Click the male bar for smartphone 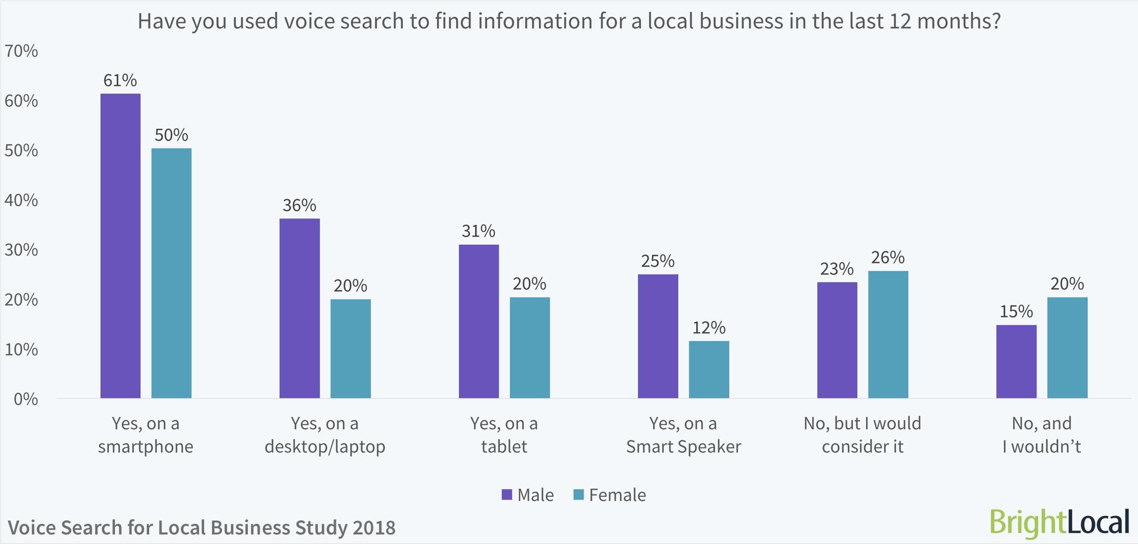pyautogui.click(x=121, y=247)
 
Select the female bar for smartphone pyautogui.click(x=172, y=273)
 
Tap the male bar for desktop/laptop pyautogui.click(x=299, y=308)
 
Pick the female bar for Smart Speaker pyautogui.click(x=709, y=370)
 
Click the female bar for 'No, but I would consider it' pyautogui.click(x=888, y=334)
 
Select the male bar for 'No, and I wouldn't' pyautogui.click(x=1016, y=361)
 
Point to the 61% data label pyautogui.click(x=120, y=81)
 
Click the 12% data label pyautogui.click(x=709, y=328)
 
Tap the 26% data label pyautogui.click(x=888, y=258)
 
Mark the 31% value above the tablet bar pyautogui.click(x=478, y=231)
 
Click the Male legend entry pyautogui.click(x=528, y=495)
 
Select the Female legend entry pyautogui.click(x=609, y=495)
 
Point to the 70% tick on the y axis pyautogui.click(x=21, y=52)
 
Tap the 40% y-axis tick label pyautogui.click(x=21, y=201)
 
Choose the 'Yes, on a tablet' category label pyautogui.click(x=504, y=435)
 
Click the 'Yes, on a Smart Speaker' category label pyautogui.click(x=683, y=435)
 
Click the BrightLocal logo pyautogui.click(x=1059, y=522)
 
